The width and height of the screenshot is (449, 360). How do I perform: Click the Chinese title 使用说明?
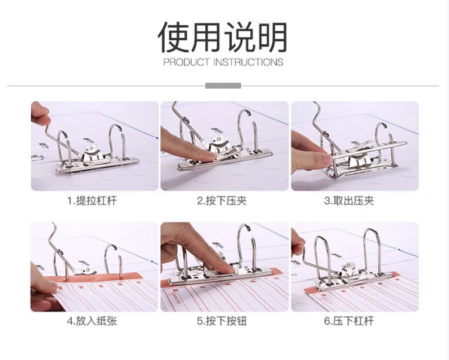(x=222, y=37)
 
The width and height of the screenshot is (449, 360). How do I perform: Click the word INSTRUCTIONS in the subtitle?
(x=248, y=62)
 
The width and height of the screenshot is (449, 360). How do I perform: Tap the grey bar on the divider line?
(x=223, y=86)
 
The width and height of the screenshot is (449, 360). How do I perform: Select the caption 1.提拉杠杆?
(x=92, y=201)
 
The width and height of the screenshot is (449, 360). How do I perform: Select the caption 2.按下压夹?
(x=222, y=201)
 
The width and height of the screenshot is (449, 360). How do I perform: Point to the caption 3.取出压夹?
(x=349, y=201)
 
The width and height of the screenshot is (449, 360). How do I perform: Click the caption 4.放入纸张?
(x=92, y=321)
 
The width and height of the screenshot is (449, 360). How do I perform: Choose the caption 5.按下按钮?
(x=222, y=321)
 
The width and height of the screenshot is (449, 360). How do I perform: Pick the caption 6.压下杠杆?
(x=349, y=321)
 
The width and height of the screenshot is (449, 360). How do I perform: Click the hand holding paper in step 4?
(x=43, y=289)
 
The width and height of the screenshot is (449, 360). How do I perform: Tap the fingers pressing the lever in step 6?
(x=298, y=244)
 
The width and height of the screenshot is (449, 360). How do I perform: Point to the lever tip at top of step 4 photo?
(x=53, y=224)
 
